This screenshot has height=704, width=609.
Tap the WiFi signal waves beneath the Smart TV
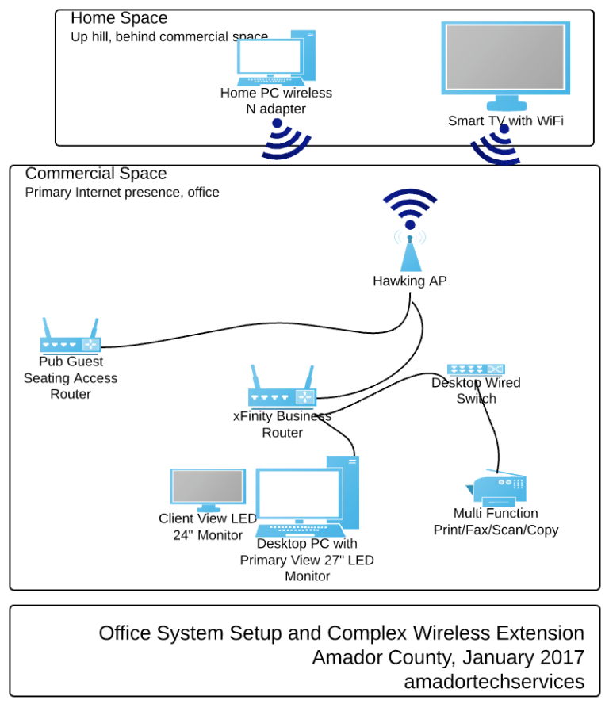[496, 147]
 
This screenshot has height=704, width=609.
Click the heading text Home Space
[119, 18]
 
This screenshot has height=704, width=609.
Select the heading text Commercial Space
[96, 174]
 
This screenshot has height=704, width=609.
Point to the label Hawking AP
[410, 281]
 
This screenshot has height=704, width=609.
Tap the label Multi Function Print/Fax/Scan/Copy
[496, 522]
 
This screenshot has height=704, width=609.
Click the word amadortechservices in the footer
[494, 681]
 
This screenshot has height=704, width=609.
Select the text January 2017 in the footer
[523, 657]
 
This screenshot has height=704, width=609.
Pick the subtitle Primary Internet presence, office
[122, 192]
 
